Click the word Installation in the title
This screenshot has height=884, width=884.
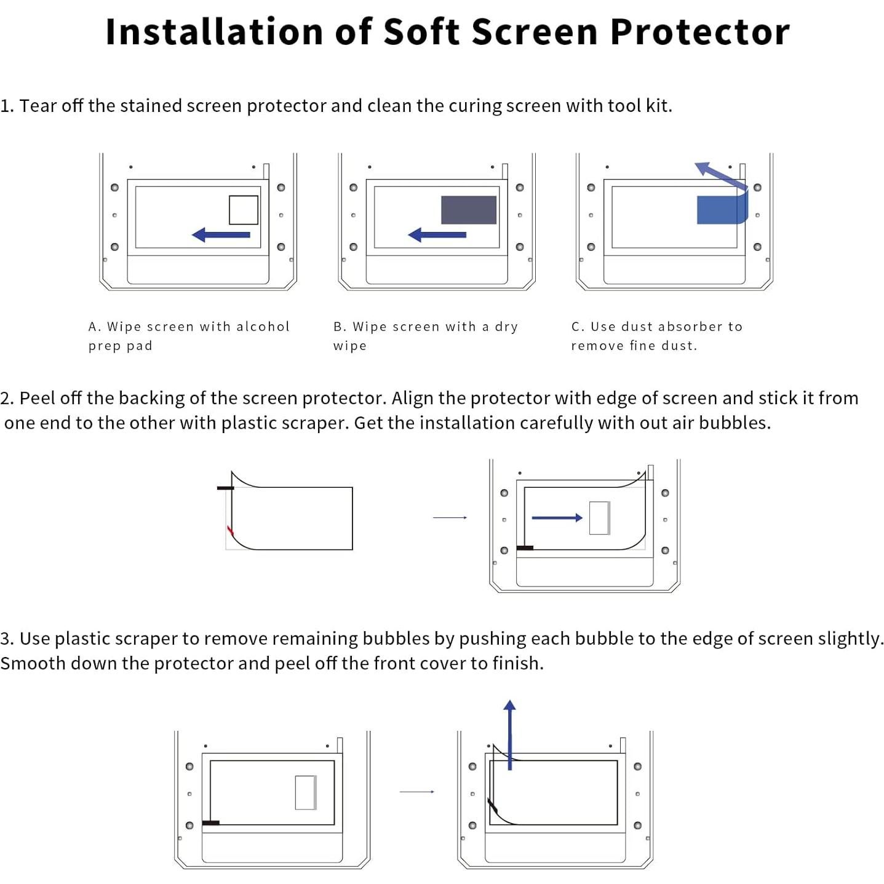tap(214, 32)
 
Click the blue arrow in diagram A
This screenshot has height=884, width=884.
tap(221, 234)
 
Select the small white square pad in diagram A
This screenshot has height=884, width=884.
tap(244, 210)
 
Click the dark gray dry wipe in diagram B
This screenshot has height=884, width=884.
tap(468, 210)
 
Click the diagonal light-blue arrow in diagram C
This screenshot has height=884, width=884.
tap(720, 175)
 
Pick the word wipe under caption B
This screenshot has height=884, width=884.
tap(349, 346)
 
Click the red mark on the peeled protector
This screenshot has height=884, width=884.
tap(230, 530)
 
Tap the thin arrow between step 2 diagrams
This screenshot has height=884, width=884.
tap(450, 518)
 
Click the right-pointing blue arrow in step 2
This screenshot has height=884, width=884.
tap(557, 518)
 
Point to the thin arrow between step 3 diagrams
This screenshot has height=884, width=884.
tap(416, 792)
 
